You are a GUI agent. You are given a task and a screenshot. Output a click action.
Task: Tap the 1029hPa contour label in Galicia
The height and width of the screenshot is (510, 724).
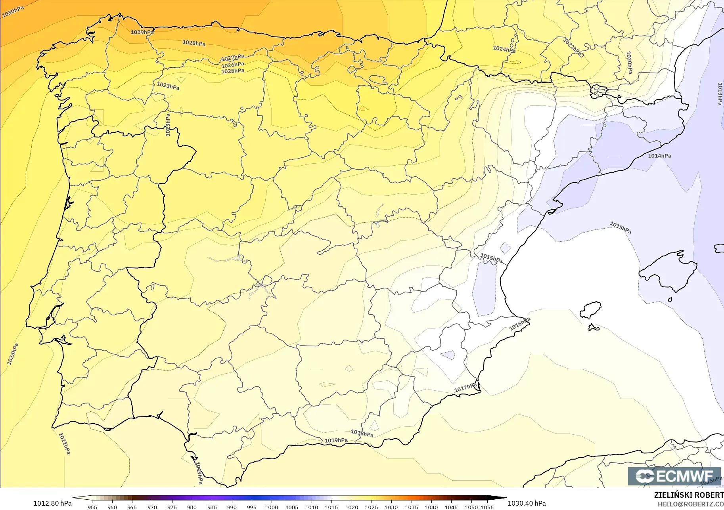click(x=142, y=32)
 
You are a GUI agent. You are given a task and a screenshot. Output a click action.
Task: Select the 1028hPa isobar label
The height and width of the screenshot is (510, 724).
click(x=194, y=43)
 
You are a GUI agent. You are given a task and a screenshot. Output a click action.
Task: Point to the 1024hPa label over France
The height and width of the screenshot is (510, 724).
click(x=504, y=49)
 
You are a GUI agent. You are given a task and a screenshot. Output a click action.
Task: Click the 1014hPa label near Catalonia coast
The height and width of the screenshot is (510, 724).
click(x=659, y=156)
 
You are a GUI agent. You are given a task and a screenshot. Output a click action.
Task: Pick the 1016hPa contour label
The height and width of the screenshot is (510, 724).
click(x=520, y=324)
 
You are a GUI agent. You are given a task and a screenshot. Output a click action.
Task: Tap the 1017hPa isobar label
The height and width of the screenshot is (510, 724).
click(x=465, y=388)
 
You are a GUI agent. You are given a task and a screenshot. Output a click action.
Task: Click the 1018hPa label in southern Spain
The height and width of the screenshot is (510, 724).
click(x=362, y=433)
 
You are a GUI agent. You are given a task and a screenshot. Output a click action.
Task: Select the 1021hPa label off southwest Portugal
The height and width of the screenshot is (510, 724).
click(x=64, y=443)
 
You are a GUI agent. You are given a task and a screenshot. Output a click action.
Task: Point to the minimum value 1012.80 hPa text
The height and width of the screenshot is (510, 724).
click(x=52, y=503)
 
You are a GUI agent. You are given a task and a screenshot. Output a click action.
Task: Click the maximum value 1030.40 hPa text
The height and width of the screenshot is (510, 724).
click(x=527, y=503)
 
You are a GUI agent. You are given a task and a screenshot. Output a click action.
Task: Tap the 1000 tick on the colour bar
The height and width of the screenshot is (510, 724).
click(x=272, y=507)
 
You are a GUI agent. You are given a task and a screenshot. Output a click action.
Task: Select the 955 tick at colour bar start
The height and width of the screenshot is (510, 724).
click(x=92, y=507)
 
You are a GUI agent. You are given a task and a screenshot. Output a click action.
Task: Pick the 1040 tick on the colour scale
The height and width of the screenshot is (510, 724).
click(x=431, y=507)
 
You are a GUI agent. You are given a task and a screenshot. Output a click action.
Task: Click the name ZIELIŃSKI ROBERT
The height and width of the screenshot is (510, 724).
click(x=689, y=495)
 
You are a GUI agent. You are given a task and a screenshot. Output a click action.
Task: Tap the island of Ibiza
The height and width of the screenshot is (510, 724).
click(x=590, y=310)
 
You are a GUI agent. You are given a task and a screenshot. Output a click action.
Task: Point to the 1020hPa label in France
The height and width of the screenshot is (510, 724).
click(x=629, y=62)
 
